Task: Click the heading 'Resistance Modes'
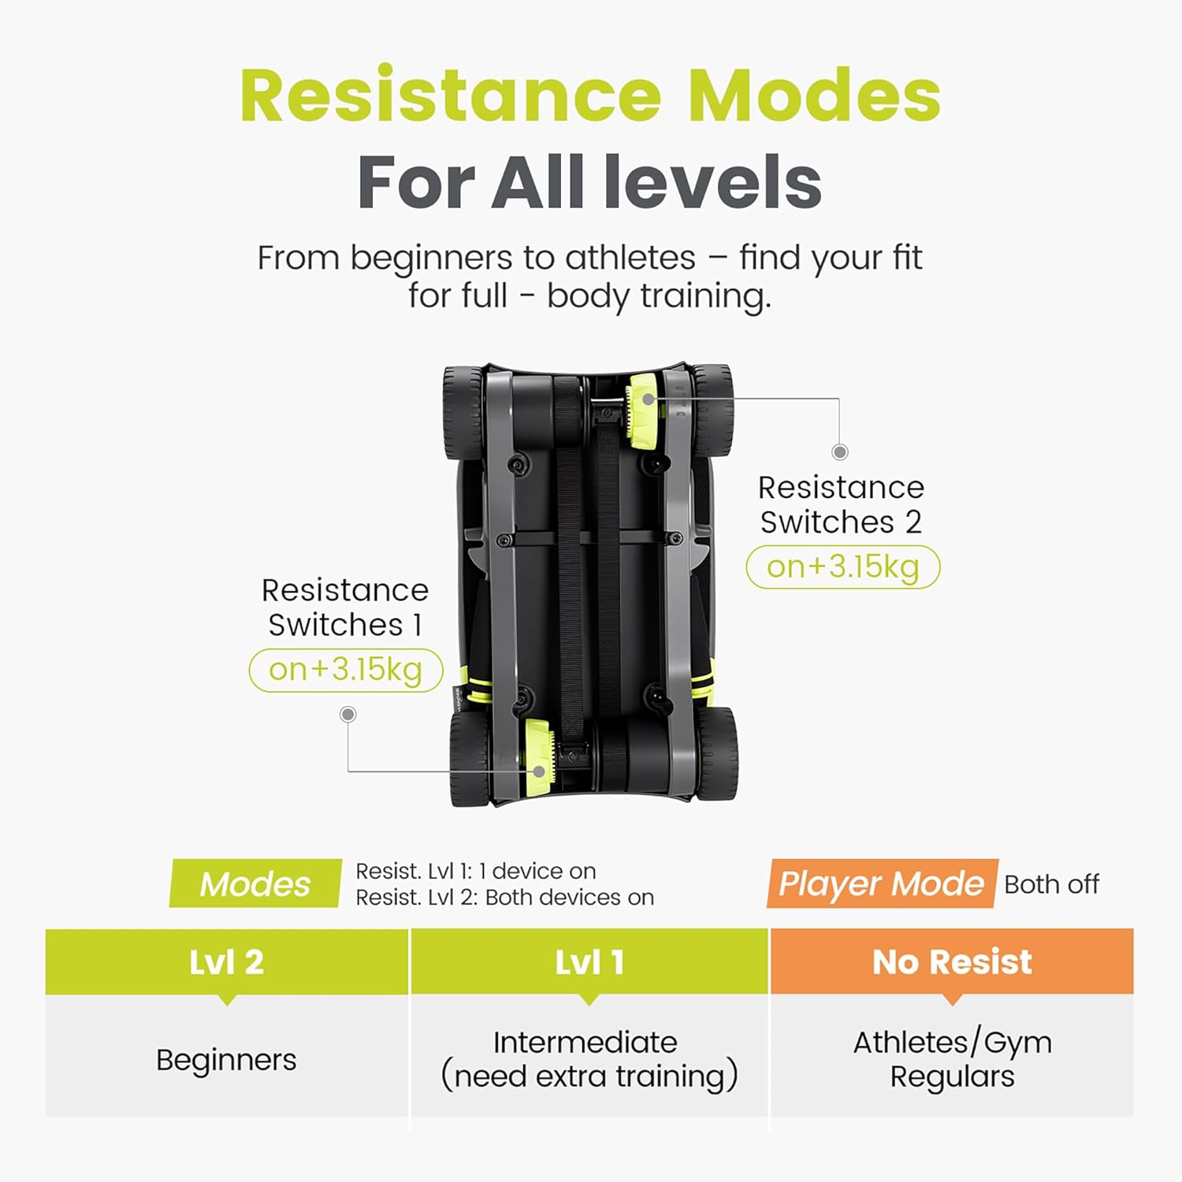coord(590,95)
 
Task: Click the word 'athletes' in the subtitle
coord(630,258)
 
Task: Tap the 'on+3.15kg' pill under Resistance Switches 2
coord(843,567)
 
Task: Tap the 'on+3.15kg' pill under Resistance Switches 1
coord(346,670)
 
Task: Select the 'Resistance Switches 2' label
coord(841,504)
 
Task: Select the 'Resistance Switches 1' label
coord(345,607)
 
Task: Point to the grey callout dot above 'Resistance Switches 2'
coord(840,452)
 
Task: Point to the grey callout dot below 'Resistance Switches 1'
coord(348,714)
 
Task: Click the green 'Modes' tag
coord(255,883)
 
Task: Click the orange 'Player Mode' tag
coord(882,883)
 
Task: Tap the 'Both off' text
coord(1051,884)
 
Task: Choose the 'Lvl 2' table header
coord(227,961)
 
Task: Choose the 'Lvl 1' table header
coord(589,961)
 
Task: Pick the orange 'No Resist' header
coord(952,961)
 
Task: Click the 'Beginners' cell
coord(227,1060)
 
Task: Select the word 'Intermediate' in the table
coord(585,1043)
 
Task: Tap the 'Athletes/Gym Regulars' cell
coord(952,1059)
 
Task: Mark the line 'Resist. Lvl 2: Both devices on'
coord(505,898)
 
